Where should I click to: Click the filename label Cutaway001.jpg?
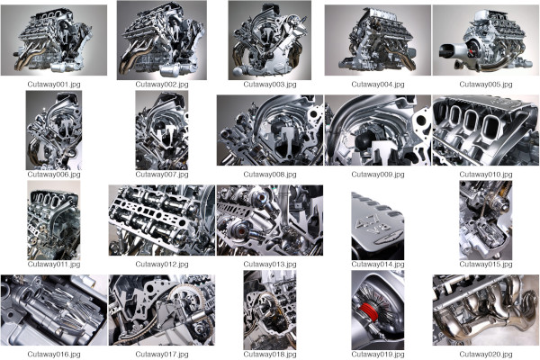(x=54, y=84)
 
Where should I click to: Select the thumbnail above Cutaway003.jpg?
(x=270, y=40)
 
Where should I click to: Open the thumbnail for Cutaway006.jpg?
(x=54, y=130)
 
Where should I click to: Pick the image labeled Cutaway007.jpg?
(x=162, y=130)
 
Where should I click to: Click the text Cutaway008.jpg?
(x=270, y=174)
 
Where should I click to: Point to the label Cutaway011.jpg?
(x=54, y=265)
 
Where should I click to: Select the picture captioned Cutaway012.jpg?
(x=162, y=220)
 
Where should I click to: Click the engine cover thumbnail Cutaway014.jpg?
(x=378, y=220)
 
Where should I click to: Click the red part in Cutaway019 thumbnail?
(x=368, y=313)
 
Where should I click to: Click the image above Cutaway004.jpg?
(x=378, y=40)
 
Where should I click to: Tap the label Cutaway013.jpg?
(x=270, y=265)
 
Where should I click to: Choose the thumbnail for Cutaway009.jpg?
(x=378, y=130)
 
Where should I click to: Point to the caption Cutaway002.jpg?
(x=162, y=84)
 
